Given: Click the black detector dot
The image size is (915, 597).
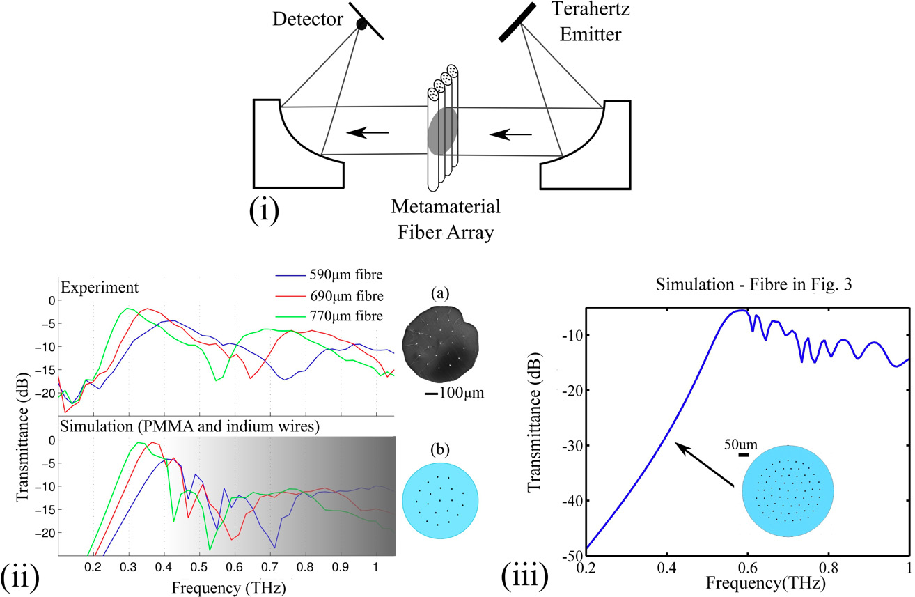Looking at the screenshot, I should pos(361,24).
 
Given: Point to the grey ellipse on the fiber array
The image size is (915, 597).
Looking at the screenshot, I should pos(443,131).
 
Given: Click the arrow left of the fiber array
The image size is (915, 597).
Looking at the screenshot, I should pos(367,130).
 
